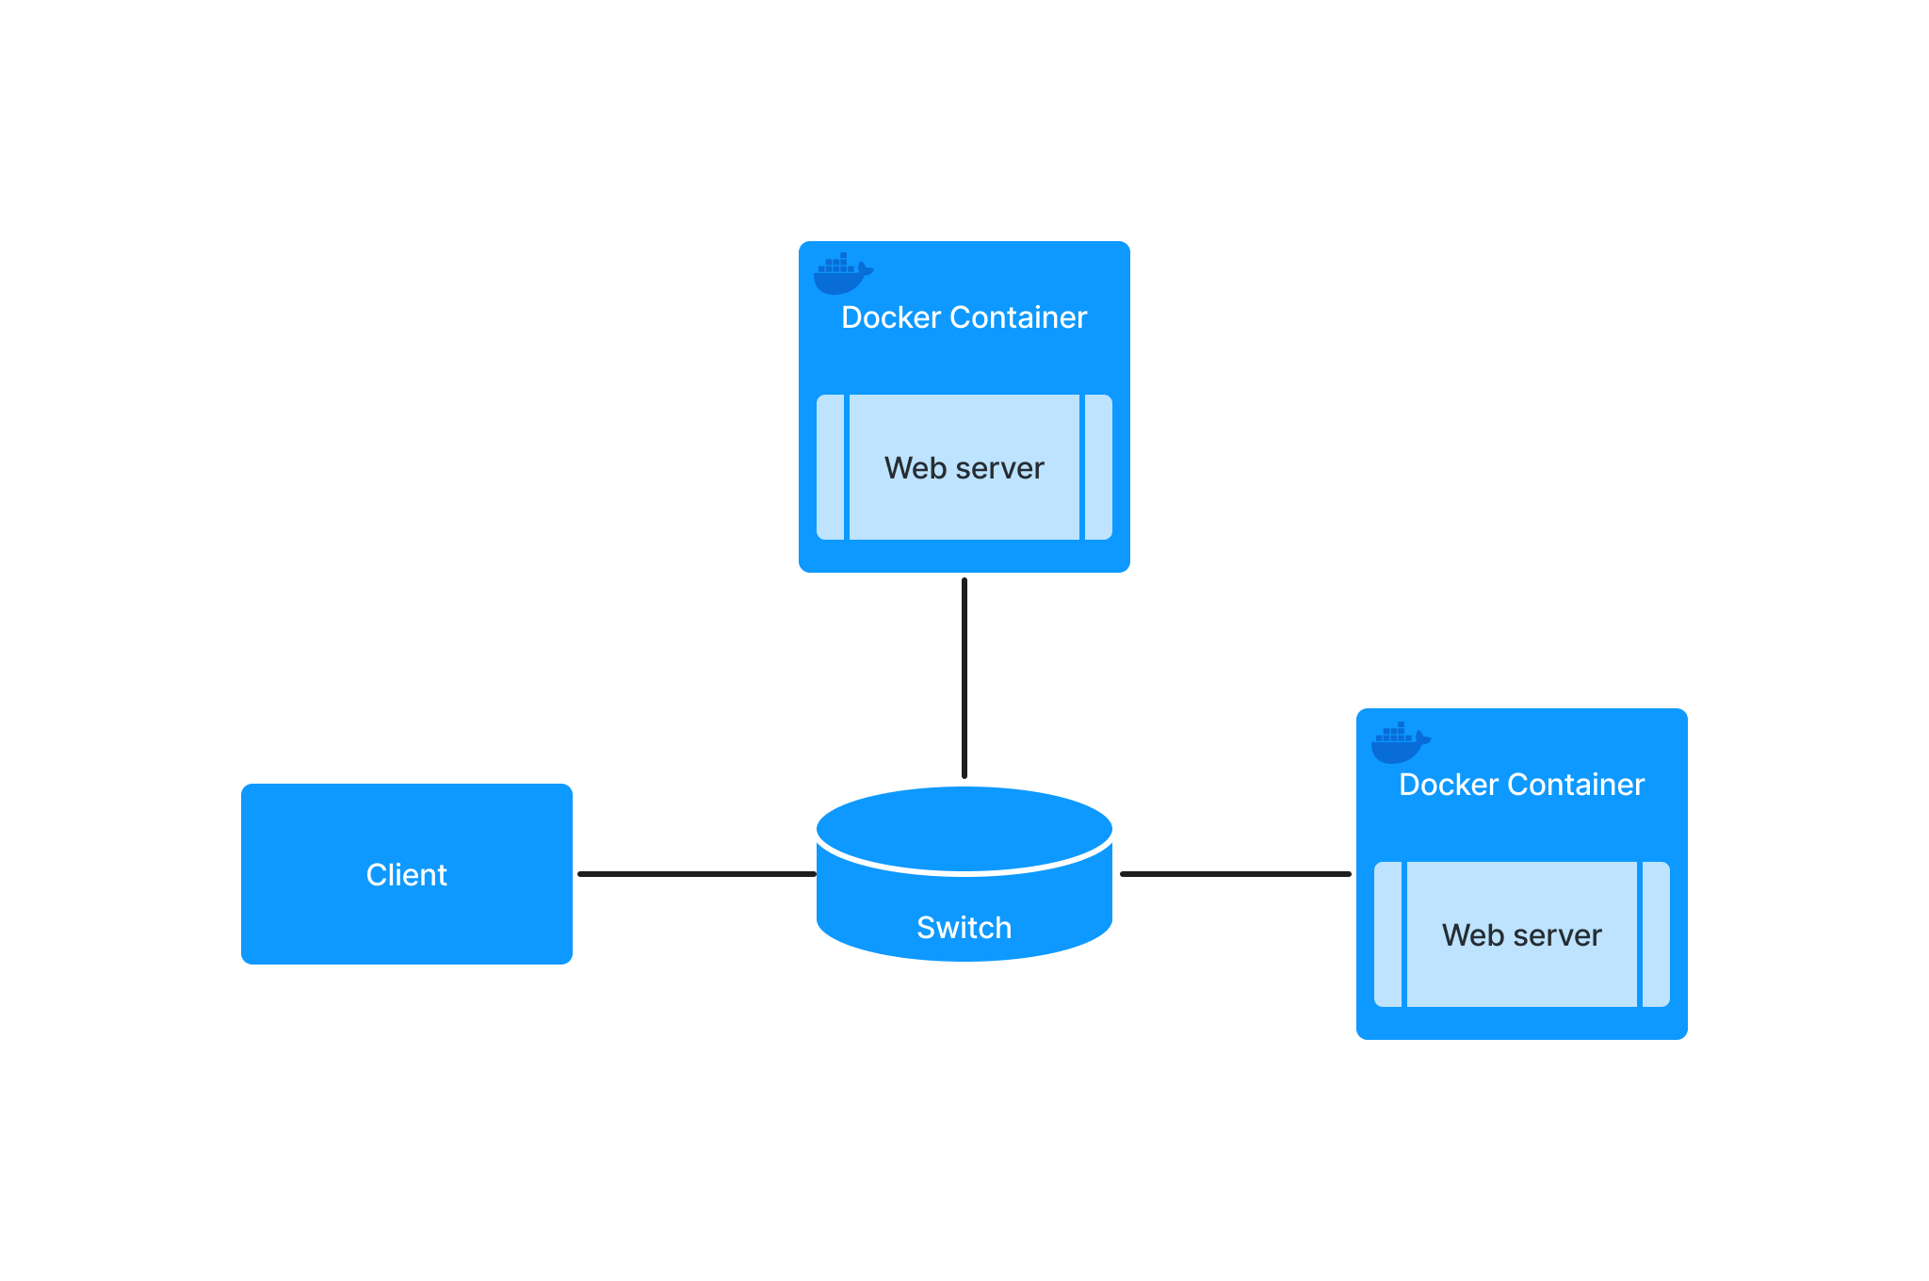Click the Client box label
[406, 875]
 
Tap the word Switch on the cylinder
[964, 928]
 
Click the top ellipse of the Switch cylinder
[964, 828]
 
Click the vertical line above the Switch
[964, 678]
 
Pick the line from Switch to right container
[1235, 874]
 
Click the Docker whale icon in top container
[841, 274]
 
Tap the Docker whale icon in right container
[1399, 742]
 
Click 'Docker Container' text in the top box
[964, 317]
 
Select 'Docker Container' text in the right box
[1521, 785]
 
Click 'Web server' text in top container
[964, 468]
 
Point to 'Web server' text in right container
[1521, 935]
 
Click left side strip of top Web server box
[831, 467]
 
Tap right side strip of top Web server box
[1098, 467]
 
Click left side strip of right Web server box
[1388, 934]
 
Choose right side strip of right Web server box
[1656, 934]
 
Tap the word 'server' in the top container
[999, 468]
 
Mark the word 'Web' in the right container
[1472, 935]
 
